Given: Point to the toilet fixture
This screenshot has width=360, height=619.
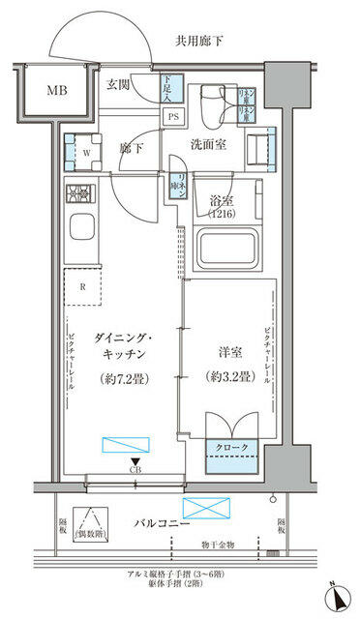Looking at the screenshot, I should pos(213,104).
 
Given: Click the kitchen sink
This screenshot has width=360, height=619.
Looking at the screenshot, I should pos(79,232).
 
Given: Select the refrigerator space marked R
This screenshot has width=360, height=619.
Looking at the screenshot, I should pos(84,287).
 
